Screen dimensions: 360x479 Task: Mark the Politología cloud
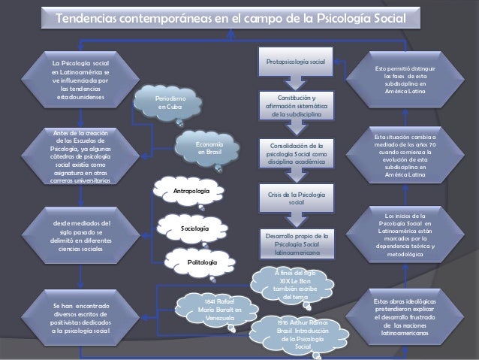[x=203, y=262]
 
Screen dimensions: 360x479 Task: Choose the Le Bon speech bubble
[x=291, y=283]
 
